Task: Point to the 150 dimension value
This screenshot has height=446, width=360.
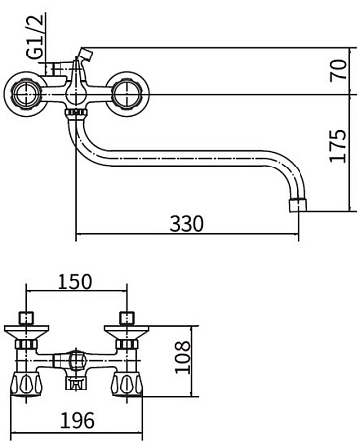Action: pyautogui.click(x=75, y=281)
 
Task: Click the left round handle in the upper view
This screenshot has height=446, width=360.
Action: pyautogui.click(x=27, y=95)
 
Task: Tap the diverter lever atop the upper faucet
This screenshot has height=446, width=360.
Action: pyautogui.click(x=83, y=55)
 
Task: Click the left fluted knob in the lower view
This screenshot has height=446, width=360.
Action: pyautogui.click(x=25, y=385)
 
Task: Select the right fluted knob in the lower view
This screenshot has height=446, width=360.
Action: pyautogui.click(x=125, y=385)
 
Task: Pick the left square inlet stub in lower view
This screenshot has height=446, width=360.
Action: pyautogui.click(x=26, y=318)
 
